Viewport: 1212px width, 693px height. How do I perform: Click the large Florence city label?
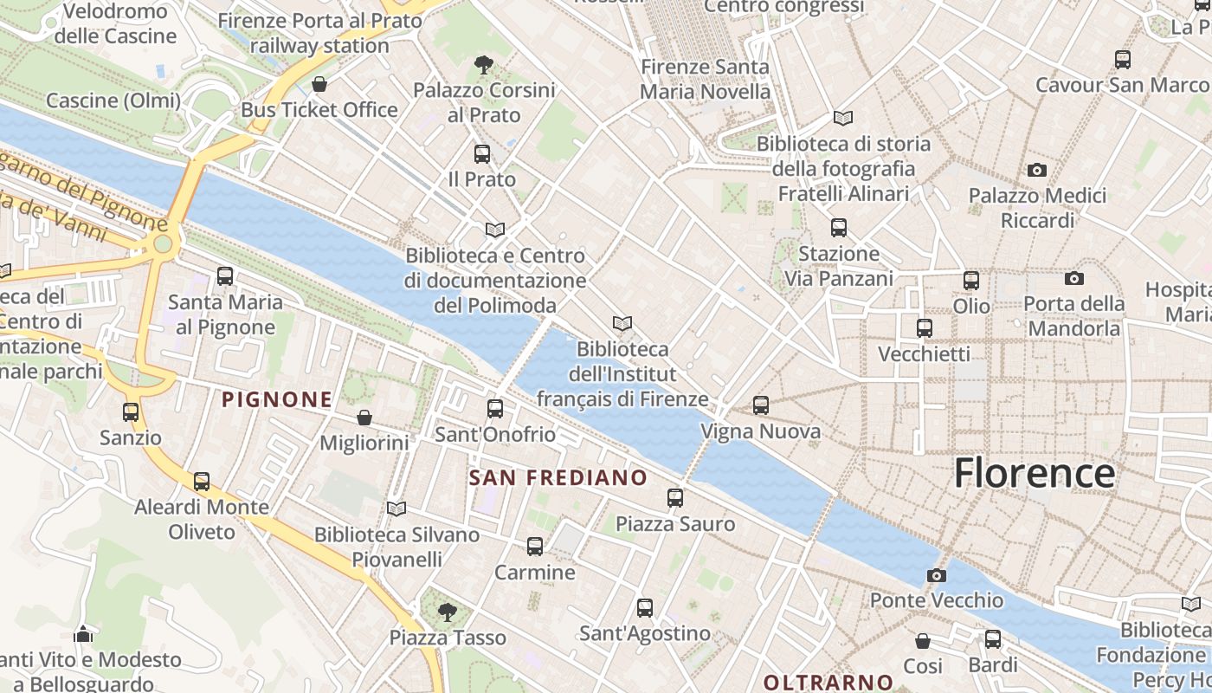tap(1034, 474)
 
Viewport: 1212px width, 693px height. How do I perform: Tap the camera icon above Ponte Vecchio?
tap(936, 575)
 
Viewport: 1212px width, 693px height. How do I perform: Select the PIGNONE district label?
tap(277, 399)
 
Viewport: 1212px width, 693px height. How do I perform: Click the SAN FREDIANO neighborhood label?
tap(558, 477)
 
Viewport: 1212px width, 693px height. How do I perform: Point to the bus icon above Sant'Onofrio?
tap(495, 409)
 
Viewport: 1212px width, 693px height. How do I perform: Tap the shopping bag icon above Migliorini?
tap(364, 418)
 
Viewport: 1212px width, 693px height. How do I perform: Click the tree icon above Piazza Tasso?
tap(448, 612)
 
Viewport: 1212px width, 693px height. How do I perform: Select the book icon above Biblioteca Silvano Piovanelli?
tap(396, 508)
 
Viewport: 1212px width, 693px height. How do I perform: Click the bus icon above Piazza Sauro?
tap(675, 498)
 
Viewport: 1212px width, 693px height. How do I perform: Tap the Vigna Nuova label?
tap(760, 431)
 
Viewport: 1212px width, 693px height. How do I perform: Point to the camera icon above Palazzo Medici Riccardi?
tap(1036, 170)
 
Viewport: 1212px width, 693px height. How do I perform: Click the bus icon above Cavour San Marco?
tap(1123, 60)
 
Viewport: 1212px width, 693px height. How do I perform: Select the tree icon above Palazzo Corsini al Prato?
tap(484, 64)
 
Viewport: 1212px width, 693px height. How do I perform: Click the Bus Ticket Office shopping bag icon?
tap(319, 84)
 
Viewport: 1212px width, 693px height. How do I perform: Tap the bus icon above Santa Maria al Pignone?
tap(225, 276)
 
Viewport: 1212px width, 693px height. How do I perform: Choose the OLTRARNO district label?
tap(828, 682)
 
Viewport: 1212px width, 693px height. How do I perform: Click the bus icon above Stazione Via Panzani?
tap(839, 228)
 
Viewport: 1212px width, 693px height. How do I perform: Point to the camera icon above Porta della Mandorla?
tap(1074, 278)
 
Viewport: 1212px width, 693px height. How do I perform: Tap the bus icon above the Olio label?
tap(971, 281)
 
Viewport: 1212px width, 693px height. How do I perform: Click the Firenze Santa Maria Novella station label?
tap(705, 79)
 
